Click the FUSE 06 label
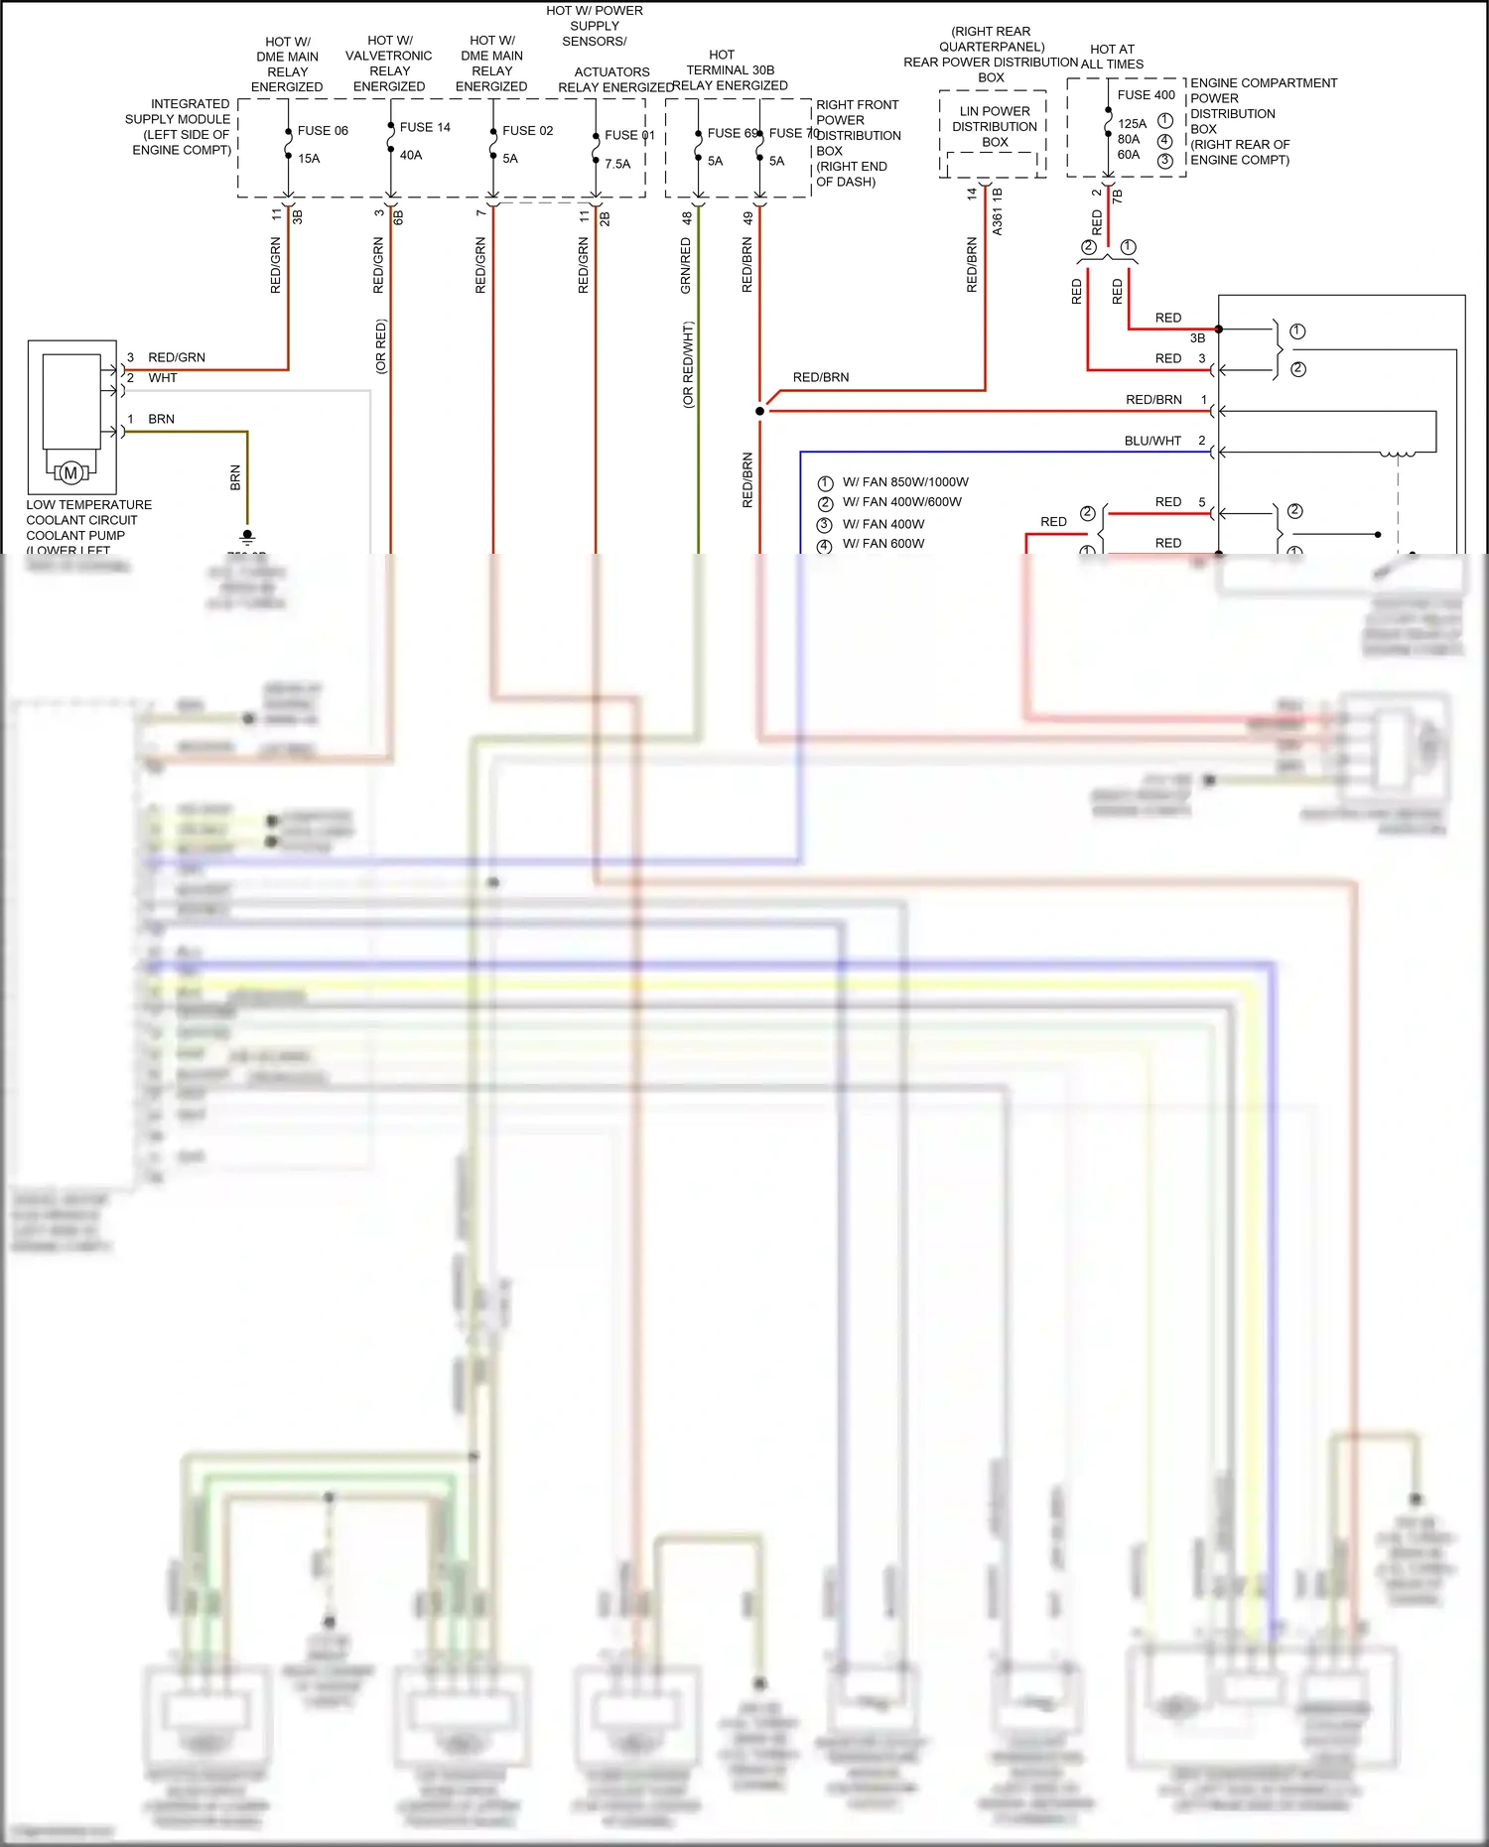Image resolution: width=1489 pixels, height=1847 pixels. point(323,131)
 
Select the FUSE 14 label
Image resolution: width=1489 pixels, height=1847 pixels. point(425,128)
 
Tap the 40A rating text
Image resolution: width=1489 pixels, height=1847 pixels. point(411,156)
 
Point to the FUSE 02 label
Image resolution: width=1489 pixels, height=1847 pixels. point(527,131)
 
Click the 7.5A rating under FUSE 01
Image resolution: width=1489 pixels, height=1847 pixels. point(617,165)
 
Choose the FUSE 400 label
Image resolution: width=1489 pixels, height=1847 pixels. point(1146,95)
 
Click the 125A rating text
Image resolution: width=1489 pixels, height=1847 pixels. point(1132,124)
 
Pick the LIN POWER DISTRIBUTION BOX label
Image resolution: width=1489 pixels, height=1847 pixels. point(995,127)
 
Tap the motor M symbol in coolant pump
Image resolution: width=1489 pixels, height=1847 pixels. point(70,473)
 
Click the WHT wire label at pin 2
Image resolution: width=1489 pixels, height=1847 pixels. point(163,378)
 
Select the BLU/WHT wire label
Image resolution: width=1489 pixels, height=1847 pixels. point(1152,441)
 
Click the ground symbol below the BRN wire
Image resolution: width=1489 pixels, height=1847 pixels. point(247,537)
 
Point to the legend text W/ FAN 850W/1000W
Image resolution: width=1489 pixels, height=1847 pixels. point(905,482)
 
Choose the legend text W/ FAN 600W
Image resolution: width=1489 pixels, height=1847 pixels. point(883,544)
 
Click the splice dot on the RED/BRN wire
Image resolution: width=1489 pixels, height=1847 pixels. point(760,411)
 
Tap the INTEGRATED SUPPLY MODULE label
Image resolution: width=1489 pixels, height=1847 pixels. point(180,127)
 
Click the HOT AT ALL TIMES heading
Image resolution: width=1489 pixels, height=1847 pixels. point(1112,57)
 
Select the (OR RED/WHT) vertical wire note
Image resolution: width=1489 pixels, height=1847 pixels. point(688,364)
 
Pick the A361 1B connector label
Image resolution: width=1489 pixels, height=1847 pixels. point(998,211)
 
